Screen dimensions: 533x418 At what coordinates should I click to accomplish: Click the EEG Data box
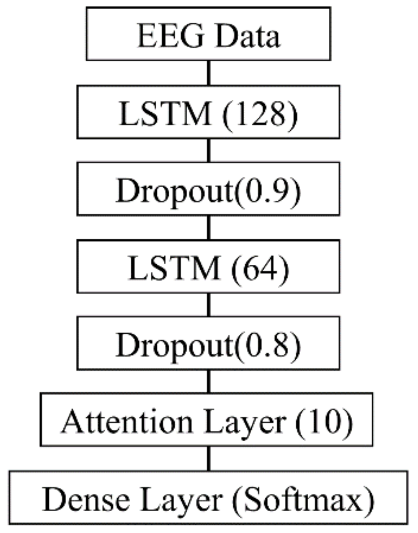coord(208,34)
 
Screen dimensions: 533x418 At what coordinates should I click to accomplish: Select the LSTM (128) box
coord(208,112)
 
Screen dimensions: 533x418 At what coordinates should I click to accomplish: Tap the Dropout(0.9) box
coord(208,189)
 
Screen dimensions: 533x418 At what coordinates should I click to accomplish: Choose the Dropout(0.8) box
coord(208,343)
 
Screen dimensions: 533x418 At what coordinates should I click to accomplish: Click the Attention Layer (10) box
coord(206,419)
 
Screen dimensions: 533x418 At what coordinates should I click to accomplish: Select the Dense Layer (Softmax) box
coord(208,497)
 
